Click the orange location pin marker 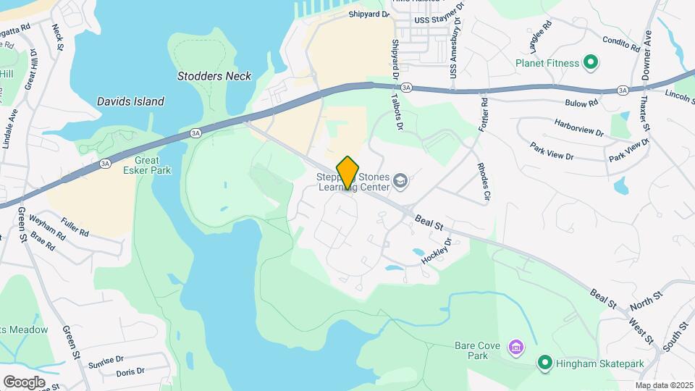[x=348, y=172]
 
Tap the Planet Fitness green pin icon [x=591, y=63]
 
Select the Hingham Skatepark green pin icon [x=544, y=362]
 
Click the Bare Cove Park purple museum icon [x=515, y=348]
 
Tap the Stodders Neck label [x=214, y=76]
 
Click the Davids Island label [x=130, y=101]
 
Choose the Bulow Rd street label [x=582, y=104]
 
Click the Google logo [x=24, y=382]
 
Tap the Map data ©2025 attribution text [x=664, y=385]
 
